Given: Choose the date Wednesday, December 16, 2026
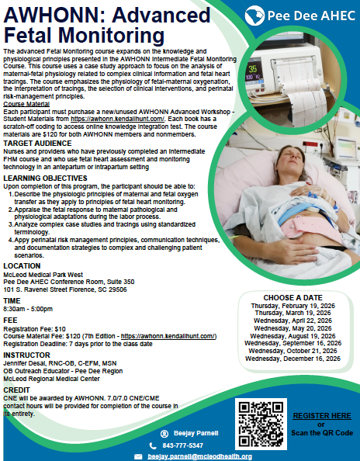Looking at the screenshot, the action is (292, 359).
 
